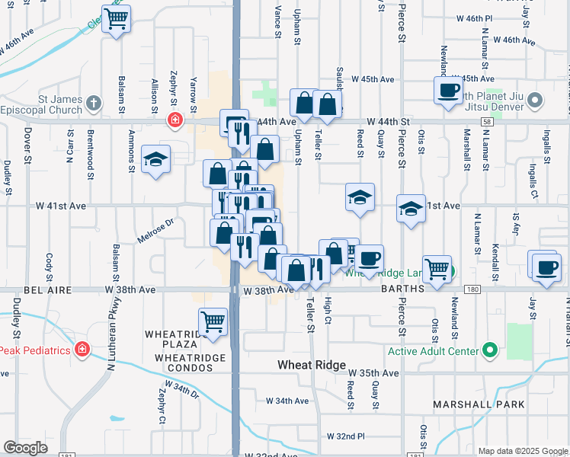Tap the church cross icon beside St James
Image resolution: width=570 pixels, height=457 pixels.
tap(94, 102)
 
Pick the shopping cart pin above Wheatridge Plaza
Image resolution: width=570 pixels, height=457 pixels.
tap(213, 321)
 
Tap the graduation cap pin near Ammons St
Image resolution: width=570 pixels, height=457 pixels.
tap(155, 159)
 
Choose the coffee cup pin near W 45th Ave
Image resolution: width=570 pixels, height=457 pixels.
tap(448, 91)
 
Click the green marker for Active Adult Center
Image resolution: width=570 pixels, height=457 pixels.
tap(490, 351)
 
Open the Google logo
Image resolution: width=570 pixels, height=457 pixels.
tap(26, 448)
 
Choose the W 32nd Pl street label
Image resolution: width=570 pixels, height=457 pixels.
tap(345, 436)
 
